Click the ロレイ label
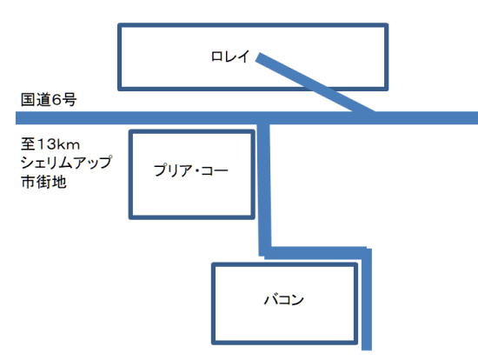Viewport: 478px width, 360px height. click(230, 57)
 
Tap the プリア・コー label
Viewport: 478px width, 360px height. click(191, 170)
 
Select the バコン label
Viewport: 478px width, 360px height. click(284, 300)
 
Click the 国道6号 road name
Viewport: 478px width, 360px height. click(49, 100)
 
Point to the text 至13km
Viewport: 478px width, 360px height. click(50, 144)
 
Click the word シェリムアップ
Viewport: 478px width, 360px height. click(66, 163)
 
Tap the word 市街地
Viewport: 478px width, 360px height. click(43, 182)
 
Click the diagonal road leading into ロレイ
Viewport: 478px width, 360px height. click(315, 84)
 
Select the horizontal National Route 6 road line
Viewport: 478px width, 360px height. click(247, 117)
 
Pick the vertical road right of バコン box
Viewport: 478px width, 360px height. click(367, 299)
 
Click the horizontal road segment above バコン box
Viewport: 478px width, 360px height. click(315, 253)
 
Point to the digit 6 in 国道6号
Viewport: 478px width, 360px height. click(56, 100)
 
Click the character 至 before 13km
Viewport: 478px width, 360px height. click(28, 144)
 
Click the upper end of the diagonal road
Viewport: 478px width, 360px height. click(258, 57)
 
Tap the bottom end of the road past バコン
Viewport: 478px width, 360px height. click(367, 350)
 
